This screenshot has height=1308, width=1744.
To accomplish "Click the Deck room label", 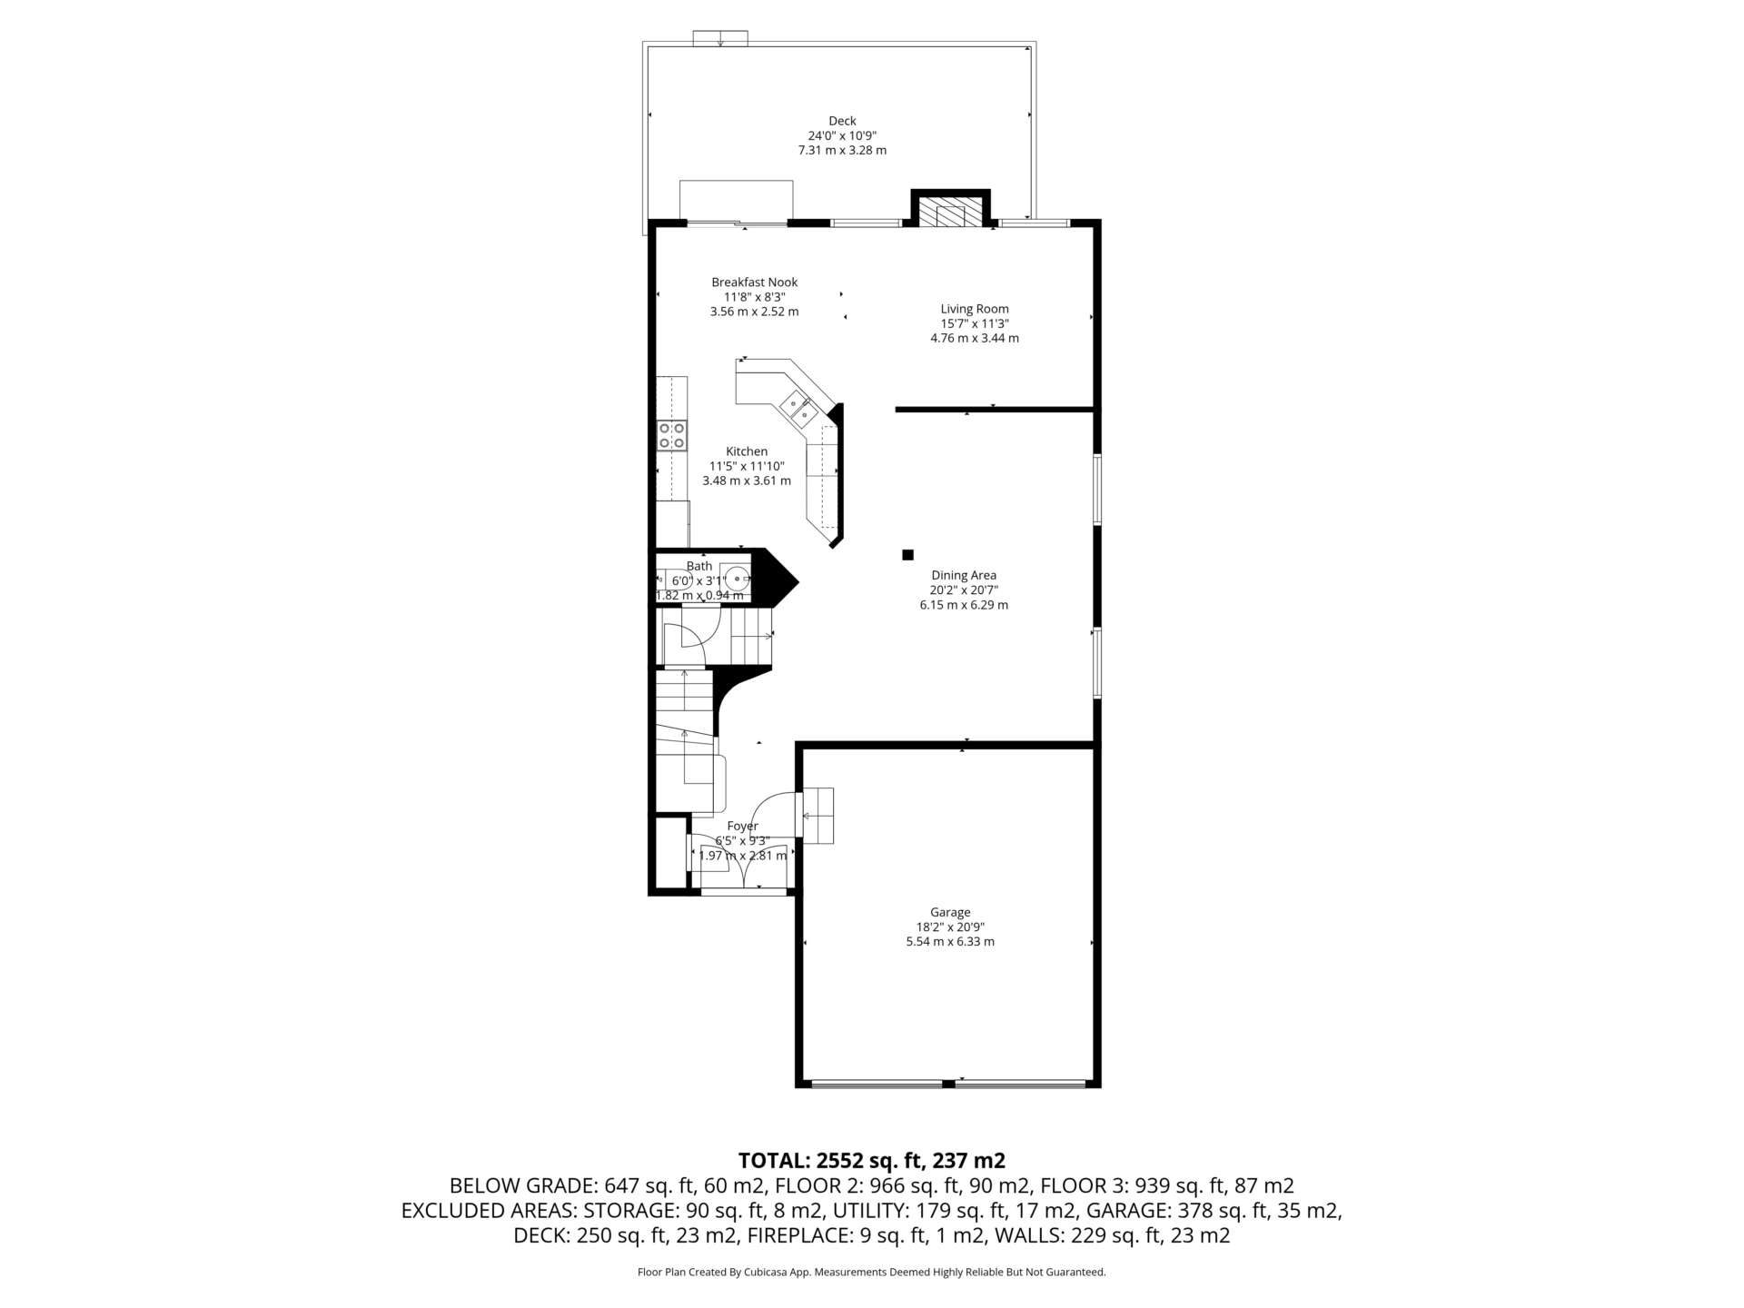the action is [x=842, y=121].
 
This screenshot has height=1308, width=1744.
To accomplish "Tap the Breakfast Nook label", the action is [x=754, y=282].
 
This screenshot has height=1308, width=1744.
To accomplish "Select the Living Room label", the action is [x=975, y=309].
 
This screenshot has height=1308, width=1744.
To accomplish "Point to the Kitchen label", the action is [x=747, y=451].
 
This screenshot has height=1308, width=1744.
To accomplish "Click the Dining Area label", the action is [x=964, y=575].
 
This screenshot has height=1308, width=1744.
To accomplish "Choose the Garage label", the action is [x=950, y=912].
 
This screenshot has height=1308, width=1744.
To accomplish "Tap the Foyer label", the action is [x=742, y=826].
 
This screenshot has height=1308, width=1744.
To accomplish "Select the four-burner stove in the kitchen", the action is [x=672, y=435].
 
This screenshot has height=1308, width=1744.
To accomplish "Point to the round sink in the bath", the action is [x=738, y=577].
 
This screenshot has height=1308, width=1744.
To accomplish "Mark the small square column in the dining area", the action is [x=907, y=554].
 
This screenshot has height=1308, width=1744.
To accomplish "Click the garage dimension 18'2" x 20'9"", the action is [x=950, y=927].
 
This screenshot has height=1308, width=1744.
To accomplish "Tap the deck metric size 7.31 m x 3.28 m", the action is [x=842, y=150].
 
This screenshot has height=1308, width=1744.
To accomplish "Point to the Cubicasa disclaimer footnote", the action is [x=872, y=1273].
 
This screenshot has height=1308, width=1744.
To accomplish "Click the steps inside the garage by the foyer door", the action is [x=817, y=816].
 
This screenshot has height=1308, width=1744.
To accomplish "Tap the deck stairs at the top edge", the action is [x=720, y=38].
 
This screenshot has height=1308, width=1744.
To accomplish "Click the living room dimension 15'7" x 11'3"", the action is [x=975, y=323].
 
